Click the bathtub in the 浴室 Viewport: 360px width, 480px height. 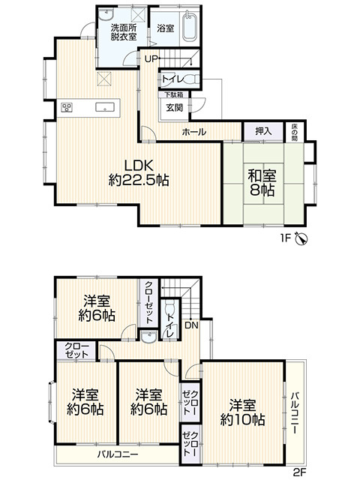pyautogui.click(x=190, y=27)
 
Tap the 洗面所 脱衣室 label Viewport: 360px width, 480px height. pyautogui.click(x=124, y=32)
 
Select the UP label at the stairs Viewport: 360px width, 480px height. pyautogui.click(x=151, y=59)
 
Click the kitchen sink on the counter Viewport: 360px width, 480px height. pyautogui.click(x=105, y=107)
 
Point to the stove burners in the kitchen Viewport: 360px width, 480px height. pyautogui.click(x=67, y=107)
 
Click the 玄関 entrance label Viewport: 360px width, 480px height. pyautogui.click(x=175, y=107)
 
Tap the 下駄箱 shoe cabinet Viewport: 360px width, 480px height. pyautogui.click(x=173, y=94)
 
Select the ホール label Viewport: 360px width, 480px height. pyautogui.click(x=194, y=132)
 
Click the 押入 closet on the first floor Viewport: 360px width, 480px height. pyautogui.click(x=263, y=132)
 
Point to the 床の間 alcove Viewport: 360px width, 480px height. pyautogui.click(x=294, y=132)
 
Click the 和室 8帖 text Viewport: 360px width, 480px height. pyautogui.click(x=262, y=183)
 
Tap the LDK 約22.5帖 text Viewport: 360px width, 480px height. pyautogui.click(x=139, y=172)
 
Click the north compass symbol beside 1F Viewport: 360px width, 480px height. pyautogui.click(x=301, y=238)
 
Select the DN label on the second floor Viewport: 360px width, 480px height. pyautogui.click(x=192, y=325)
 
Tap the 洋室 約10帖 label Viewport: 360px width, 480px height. pyautogui.click(x=243, y=412)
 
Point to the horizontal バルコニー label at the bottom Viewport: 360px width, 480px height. pyautogui.click(x=118, y=454)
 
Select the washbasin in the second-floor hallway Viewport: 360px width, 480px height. pyautogui.click(x=149, y=337)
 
